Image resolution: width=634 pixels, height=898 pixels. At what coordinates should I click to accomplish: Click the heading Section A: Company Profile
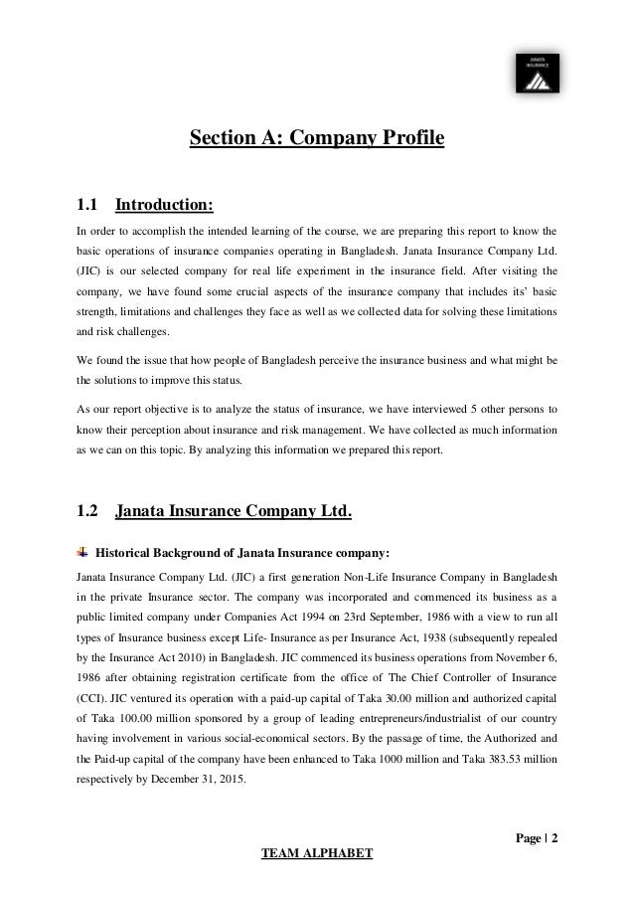[x=316, y=136]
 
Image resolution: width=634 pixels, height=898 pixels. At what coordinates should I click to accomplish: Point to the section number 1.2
[x=87, y=514]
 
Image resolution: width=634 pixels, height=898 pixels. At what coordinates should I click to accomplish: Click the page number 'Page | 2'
[x=536, y=837]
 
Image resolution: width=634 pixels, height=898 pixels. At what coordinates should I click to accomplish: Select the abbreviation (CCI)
[x=92, y=696]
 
